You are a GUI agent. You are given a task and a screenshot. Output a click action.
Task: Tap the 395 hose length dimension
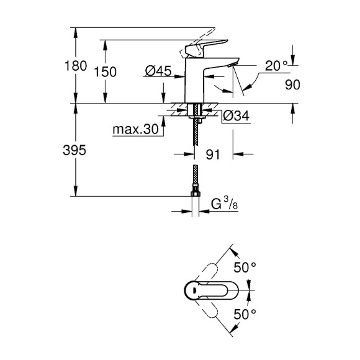(63, 151)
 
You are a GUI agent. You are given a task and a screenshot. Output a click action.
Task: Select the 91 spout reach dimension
(214, 155)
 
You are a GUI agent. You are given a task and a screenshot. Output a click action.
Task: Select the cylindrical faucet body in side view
(195, 81)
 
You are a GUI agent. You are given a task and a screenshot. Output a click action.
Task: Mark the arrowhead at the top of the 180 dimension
(75, 30)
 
